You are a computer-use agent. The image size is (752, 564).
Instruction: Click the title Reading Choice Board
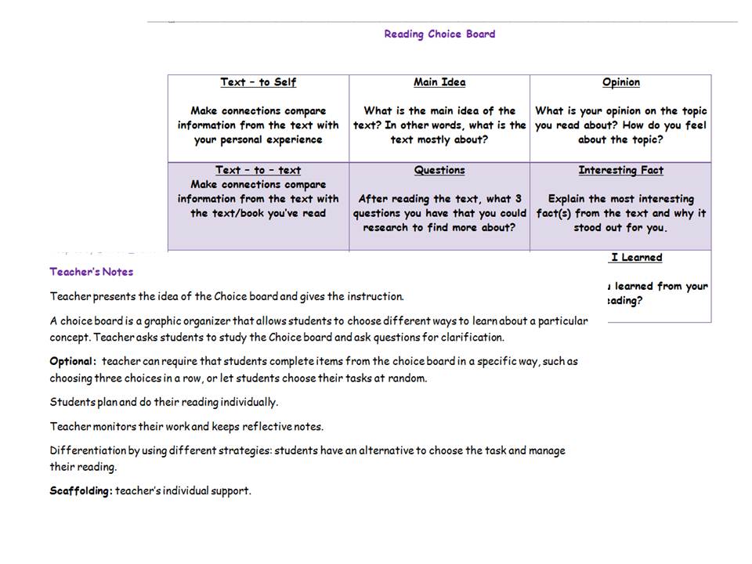coord(439,34)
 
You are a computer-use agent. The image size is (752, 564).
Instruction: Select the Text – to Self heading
coord(258,82)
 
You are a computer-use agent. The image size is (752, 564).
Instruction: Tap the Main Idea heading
coord(439,82)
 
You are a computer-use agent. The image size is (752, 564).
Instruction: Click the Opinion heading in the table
coord(621,82)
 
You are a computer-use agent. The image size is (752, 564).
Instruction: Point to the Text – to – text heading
coord(258,170)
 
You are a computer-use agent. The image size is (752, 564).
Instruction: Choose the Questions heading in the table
coord(439,170)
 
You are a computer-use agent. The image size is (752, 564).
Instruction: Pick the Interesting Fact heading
coord(620,170)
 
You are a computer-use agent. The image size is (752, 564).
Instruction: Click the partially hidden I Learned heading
coord(636,258)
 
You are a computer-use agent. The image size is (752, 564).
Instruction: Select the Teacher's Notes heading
coord(92,272)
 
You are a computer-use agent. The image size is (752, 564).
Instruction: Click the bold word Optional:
coord(73,362)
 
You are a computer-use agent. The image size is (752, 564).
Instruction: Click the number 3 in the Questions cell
coord(519,199)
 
